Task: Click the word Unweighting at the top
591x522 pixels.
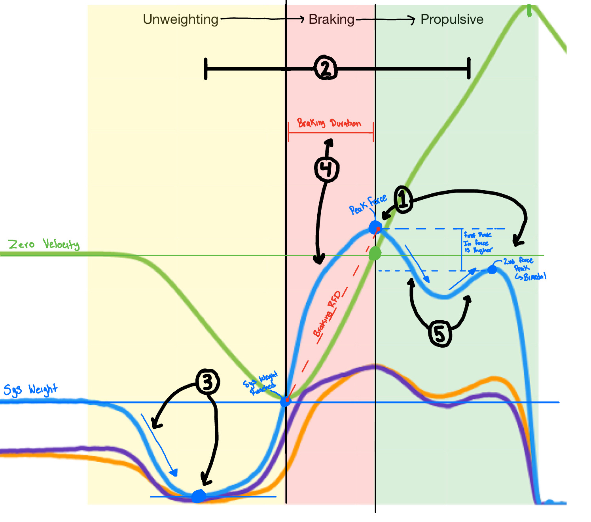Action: coord(180,19)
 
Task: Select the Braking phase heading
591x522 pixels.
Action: coord(331,19)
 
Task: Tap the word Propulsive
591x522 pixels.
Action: coord(452,19)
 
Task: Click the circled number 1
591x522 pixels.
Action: coord(403,200)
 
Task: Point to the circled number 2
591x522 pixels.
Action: coord(326,69)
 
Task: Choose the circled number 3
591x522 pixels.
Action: coord(207,382)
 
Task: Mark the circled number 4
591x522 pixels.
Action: coord(326,169)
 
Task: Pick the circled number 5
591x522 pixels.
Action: coord(440,334)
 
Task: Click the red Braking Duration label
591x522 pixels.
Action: coord(329,123)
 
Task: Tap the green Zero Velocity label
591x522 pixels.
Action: coord(44,244)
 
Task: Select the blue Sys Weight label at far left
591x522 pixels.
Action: coord(30,390)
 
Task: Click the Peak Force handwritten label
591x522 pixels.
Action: coord(367,204)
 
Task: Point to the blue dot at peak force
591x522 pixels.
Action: coord(375,227)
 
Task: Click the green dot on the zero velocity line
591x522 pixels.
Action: coord(375,254)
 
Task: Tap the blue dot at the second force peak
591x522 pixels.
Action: coord(492,270)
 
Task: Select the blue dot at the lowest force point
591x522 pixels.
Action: coord(199,496)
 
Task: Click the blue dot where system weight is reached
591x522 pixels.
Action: coord(286,402)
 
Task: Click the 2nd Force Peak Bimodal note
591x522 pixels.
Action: coord(524,269)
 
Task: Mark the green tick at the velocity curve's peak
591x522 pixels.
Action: coord(529,11)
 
